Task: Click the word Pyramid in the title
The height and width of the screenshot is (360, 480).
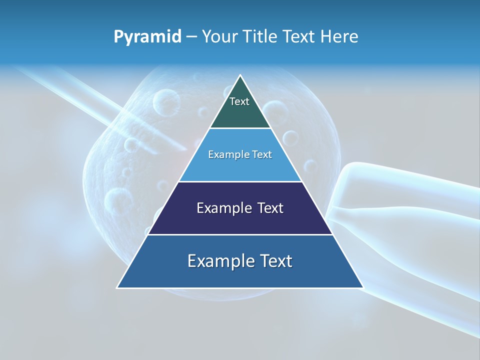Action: pos(147,37)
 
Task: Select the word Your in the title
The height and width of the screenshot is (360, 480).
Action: pos(218,37)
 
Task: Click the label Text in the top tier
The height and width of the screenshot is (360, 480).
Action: pos(239,101)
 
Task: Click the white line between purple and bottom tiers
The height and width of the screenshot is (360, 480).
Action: pos(240,234)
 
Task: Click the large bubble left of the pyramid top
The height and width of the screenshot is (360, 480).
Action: pos(166,101)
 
